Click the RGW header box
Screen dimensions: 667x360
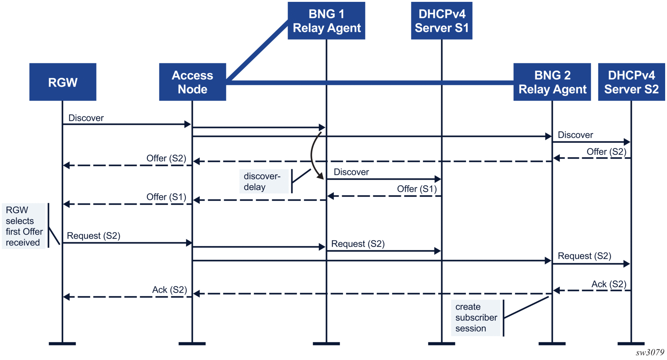[63, 82]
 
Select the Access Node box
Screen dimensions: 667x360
[193, 82]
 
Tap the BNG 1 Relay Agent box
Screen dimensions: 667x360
[326, 21]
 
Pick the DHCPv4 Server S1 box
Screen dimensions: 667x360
[442, 21]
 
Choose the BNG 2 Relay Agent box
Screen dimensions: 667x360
[552, 82]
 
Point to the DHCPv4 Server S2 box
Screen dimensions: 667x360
[632, 82]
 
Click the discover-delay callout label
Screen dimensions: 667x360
[264, 181]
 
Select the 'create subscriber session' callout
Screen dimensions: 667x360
[476, 318]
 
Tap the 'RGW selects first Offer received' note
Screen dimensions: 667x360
[24, 226]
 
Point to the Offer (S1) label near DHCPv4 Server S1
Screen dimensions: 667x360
[417, 189]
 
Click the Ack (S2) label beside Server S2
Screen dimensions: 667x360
[609, 284]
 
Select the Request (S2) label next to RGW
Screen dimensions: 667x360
[94, 236]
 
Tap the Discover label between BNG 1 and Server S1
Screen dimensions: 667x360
[351, 172]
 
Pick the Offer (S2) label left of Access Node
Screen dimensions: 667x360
[166, 158]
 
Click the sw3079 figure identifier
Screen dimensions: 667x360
[650, 353]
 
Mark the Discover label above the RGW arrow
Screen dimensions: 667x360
[86, 118]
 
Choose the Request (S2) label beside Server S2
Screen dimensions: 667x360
[585, 256]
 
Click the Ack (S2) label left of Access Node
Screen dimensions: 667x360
[170, 290]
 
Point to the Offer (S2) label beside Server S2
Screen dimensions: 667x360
[607, 152]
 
